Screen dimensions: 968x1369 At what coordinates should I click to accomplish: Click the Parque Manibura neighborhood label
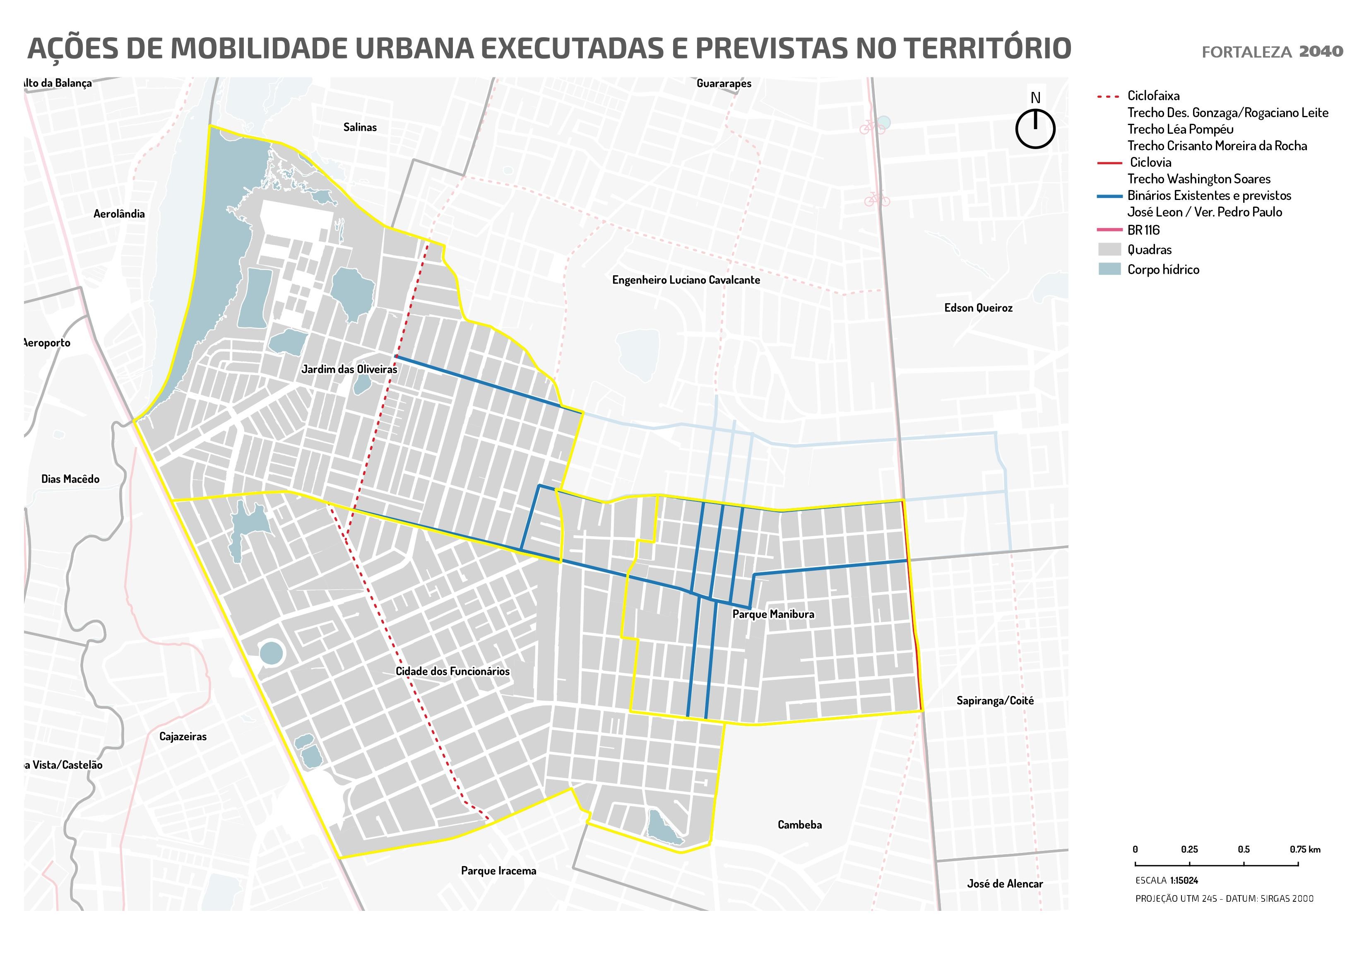tap(773, 614)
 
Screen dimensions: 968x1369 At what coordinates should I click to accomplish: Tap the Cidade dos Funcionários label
tap(452, 672)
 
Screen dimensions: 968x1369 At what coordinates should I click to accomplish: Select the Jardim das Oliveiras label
tap(349, 369)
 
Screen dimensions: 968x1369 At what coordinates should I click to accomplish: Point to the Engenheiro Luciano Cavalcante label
tap(686, 280)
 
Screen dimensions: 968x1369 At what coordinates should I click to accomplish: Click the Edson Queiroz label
tap(978, 308)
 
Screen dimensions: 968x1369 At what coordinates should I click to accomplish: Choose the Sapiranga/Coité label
tap(994, 701)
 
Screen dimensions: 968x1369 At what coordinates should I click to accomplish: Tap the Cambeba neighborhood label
tap(799, 825)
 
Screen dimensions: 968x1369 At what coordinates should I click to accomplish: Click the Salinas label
tap(360, 127)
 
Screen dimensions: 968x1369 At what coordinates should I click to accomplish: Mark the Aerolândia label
tap(119, 214)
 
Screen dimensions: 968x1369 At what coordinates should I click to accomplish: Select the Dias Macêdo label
tap(70, 479)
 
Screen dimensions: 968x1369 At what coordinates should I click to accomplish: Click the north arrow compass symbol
tap(1035, 128)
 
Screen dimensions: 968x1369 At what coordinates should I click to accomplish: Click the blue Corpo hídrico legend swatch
tap(1109, 269)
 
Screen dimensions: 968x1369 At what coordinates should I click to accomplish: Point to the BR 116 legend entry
tap(1143, 230)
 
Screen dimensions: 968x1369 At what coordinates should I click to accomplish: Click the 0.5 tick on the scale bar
tap(1243, 849)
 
